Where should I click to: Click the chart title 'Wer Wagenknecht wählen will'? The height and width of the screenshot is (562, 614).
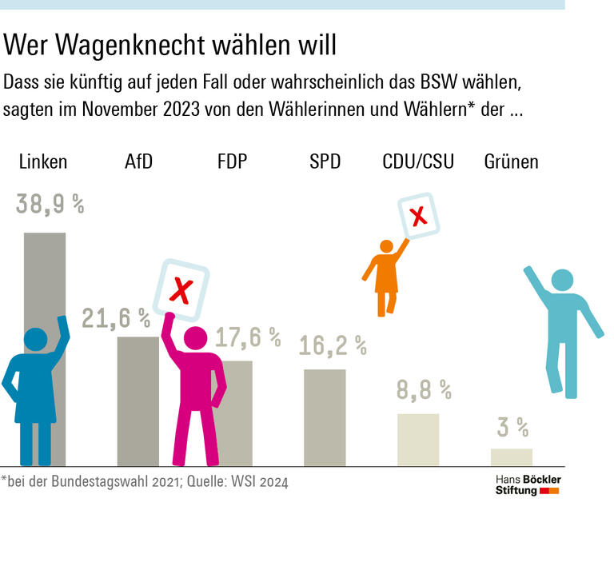coord(169,45)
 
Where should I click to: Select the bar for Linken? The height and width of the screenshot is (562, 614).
coord(45,280)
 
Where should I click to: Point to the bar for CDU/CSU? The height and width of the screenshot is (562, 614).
coord(418,440)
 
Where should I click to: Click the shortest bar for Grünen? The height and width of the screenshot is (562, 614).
coord(511,457)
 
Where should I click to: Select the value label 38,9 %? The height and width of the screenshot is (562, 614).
coord(50,205)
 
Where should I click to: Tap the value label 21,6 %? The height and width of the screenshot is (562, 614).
coord(116,318)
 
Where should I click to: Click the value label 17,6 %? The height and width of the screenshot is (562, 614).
coord(248,337)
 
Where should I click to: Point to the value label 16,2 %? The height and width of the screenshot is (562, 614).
coord(333,345)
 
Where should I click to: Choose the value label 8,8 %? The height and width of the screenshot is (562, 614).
coord(424,390)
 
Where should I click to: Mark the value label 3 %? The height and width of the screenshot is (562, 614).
coord(512,428)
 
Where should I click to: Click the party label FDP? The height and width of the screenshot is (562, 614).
coord(232,161)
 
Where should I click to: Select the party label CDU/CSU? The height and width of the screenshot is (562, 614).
coord(418,161)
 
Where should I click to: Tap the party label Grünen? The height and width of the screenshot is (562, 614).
coord(511,161)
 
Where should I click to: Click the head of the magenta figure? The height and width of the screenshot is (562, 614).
coord(196,338)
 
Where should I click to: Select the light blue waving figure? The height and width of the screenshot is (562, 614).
coord(564,328)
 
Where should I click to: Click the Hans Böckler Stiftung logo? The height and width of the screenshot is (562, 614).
coord(528,484)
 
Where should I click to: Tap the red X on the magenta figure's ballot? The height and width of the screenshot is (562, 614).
coord(181,291)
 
